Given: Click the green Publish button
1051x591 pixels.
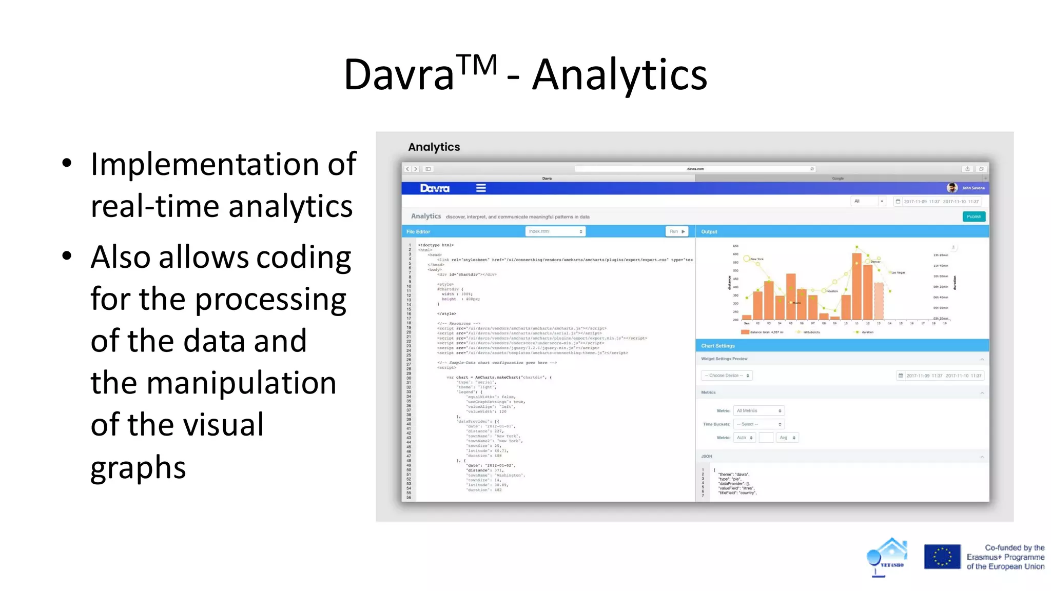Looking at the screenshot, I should [x=974, y=216].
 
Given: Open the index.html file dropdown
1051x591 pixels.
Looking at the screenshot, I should [x=555, y=231].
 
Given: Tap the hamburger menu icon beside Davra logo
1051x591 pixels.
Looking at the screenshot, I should [x=481, y=188].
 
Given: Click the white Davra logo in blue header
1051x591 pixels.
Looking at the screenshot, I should [x=435, y=188].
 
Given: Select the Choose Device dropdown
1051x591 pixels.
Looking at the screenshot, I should [x=726, y=376].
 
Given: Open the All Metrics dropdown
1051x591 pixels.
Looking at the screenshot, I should [x=758, y=411].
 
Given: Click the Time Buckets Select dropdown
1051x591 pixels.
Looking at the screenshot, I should [x=758, y=424].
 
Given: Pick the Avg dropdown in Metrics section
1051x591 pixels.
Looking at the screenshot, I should [x=787, y=438].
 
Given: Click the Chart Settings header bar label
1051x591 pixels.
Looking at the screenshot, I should [x=717, y=346].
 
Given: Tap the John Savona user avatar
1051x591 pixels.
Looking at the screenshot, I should [x=952, y=188].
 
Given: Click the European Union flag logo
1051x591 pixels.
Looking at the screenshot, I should [x=942, y=557].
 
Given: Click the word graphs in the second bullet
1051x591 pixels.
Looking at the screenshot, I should [x=138, y=468].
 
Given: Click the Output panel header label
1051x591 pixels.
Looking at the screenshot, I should [x=709, y=232].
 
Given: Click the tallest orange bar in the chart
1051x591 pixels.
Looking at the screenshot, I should [x=857, y=286].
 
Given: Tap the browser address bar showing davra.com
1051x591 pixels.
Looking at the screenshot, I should [x=695, y=169].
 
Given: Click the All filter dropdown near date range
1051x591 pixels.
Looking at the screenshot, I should [x=868, y=201].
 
